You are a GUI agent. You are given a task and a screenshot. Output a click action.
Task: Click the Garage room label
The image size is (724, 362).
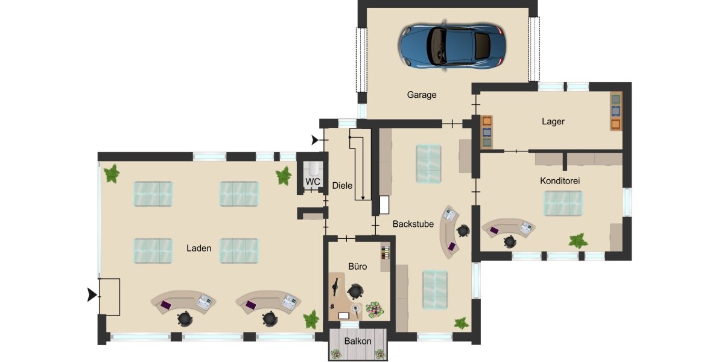pyautogui.click(x=421, y=95)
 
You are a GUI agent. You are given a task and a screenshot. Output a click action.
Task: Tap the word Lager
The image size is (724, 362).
pyautogui.click(x=553, y=121)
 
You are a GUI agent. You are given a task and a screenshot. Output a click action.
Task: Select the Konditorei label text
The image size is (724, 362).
pyautogui.click(x=560, y=180)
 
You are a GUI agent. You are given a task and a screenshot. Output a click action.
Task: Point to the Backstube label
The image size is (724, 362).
pyautogui.click(x=413, y=224)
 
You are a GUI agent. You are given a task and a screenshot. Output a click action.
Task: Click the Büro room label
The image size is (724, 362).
pyautogui.click(x=357, y=265)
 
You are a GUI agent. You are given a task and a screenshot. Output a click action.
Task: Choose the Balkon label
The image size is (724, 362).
pyautogui.click(x=357, y=341)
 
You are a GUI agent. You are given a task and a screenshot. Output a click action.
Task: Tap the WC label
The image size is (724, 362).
pyautogui.click(x=313, y=182)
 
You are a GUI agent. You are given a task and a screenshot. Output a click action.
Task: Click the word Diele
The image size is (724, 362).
pyautogui.click(x=342, y=186)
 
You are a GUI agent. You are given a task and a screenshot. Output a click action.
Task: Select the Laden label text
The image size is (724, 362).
pyautogui.click(x=198, y=248)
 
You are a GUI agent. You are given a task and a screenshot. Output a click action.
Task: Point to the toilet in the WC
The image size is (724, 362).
pyautogui.click(x=313, y=167)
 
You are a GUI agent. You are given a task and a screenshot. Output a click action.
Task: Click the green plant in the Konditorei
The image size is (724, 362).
pyautogui.click(x=578, y=241)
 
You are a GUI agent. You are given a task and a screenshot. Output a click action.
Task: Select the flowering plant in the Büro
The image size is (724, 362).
pyautogui.click(x=375, y=310)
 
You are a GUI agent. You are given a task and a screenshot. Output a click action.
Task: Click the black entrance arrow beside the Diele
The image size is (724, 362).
pyautogui.click(x=315, y=141)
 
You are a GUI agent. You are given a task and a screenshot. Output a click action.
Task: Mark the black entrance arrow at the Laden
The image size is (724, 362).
pyautogui.click(x=92, y=295)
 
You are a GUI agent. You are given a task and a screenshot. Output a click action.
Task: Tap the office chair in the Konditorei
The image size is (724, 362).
pyautogui.click(x=510, y=241)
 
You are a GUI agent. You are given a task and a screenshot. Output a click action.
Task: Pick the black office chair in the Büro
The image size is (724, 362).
pyautogui.click(x=355, y=292)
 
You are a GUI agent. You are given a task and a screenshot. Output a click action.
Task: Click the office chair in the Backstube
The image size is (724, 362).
pyautogui.click(x=463, y=230)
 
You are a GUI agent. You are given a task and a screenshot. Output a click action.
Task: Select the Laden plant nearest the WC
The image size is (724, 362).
pyautogui.click(x=283, y=176)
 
